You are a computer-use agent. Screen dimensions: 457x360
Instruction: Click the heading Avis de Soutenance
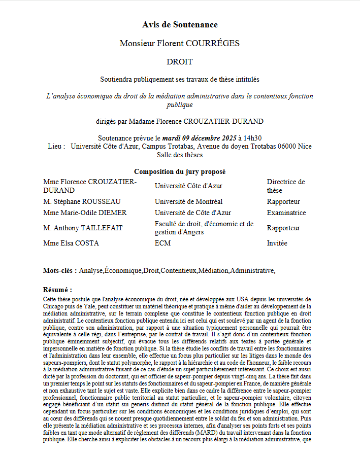click(180, 24)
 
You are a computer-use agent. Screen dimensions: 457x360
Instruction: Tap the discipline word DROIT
click(180, 62)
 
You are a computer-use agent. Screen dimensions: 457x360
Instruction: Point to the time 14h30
click(251, 138)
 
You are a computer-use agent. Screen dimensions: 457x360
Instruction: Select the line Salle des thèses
click(180, 155)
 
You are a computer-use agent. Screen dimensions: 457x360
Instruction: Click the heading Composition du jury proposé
click(180, 172)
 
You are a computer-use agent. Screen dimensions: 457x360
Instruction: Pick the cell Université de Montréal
click(188, 201)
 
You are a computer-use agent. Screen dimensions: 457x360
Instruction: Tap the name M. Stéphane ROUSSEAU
click(82, 201)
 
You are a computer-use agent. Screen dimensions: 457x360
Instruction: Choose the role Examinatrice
click(286, 213)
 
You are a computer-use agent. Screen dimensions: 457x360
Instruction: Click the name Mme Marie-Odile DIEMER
click(85, 213)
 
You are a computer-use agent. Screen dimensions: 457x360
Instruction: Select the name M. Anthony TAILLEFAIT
click(83, 228)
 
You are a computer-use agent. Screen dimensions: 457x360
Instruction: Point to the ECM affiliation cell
click(162, 243)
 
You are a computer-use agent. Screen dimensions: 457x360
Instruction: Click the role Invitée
click(277, 243)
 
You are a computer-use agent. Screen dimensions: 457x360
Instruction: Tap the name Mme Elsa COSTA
click(71, 243)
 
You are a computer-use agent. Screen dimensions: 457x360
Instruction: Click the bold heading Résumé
click(57, 290)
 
